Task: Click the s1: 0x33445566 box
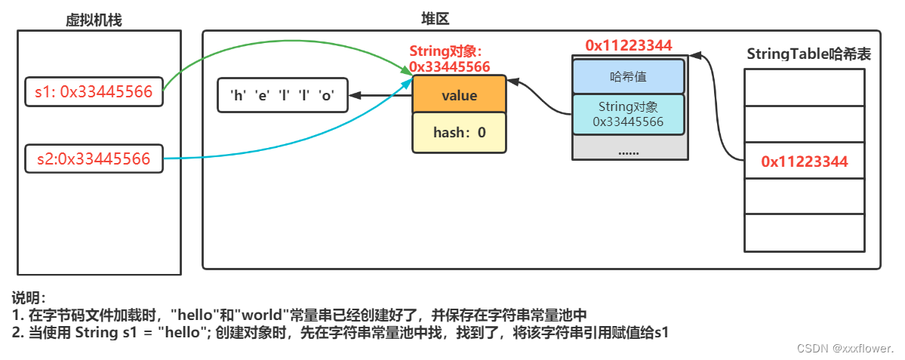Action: point(94,92)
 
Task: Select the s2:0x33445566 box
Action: point(94,158)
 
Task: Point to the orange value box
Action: point(458,96)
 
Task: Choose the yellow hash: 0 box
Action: point(458,133)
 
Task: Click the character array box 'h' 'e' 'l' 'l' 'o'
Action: point(282,96)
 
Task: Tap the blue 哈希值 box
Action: point(628,76)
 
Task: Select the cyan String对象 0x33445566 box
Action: point(628,114)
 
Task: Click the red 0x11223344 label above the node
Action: point(628,45)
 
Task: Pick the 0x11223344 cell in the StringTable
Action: point(805,161)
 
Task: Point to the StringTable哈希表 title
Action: point(805,54)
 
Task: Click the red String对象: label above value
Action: point(445,51)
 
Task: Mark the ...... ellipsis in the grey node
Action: point(628,151)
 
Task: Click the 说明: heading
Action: point(29,297)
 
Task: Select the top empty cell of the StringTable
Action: point(805,87)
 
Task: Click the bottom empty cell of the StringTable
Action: point(805,232)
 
